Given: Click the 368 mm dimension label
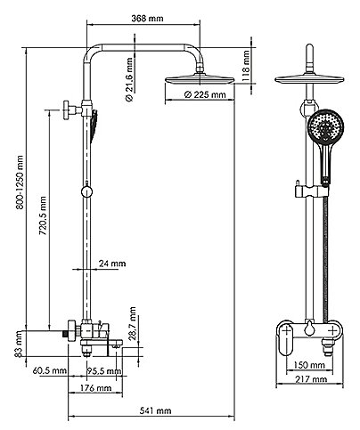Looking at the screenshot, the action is (x=147, y=18).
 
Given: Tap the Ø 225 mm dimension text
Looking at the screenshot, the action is (x=205, y=94).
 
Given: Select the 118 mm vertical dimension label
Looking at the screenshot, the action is (x=246, y=66).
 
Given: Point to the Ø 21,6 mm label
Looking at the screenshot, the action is (x=129, y=79).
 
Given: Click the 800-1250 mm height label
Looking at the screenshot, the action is (x=20, y=182).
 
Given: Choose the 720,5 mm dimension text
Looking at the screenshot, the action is (x=43, y=215).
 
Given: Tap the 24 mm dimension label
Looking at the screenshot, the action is (x=112, y=264).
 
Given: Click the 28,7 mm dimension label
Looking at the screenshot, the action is (x=133, y=323).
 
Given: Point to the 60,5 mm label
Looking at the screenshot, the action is (x=50, y=370).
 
